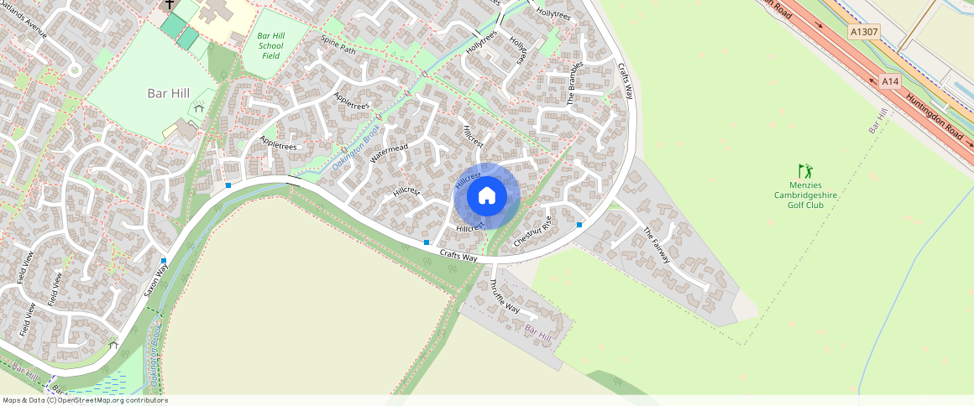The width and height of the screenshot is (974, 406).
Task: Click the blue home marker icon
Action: (487, 196)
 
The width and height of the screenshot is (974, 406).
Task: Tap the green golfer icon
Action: (805, 171)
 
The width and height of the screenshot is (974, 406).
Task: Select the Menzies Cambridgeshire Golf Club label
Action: (805, 195)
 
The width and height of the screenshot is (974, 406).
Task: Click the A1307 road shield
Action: (863, 32)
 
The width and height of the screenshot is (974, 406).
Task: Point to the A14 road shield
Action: (890, 81)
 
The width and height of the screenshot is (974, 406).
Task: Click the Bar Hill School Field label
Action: (270, 45)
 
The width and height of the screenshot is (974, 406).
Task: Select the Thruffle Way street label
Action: (504, 295)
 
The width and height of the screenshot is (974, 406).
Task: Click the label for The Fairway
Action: (657, 245)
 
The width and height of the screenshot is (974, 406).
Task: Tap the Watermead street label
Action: (389, 154)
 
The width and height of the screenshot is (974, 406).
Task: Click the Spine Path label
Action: (338, 44)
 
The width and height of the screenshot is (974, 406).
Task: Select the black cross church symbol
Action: (170, 5)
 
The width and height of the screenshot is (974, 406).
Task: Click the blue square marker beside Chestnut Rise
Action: (579, 225)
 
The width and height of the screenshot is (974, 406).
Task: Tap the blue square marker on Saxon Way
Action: (164, 261)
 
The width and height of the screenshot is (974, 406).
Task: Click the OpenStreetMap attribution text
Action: (85, 400)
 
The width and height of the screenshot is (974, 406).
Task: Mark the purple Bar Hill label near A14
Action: (878, 121)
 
